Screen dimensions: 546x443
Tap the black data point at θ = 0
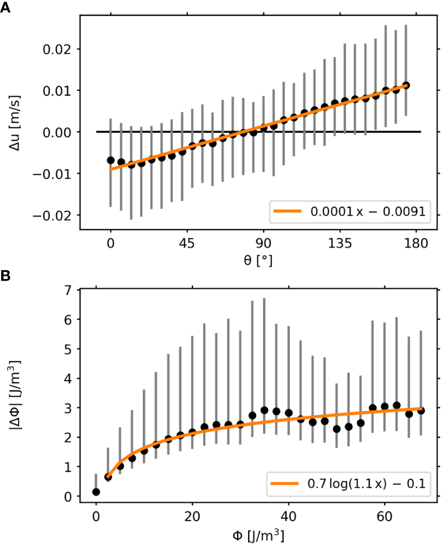coord(111,160)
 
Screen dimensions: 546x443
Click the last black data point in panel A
coord(406,85)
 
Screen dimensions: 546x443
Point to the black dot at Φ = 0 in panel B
coord(96,492)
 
